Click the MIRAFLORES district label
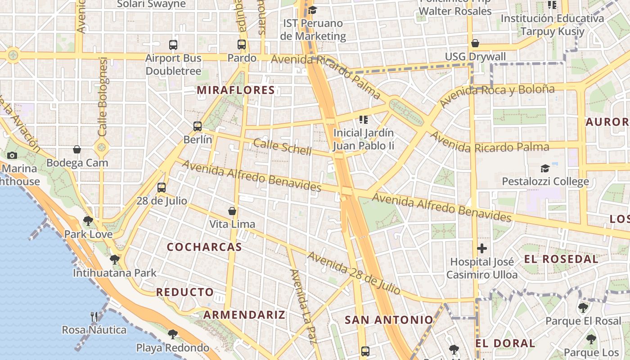coord(236,90)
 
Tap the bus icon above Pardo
coord(242,45)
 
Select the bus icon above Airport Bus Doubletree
coord(173,45)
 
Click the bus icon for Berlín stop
coord(198,126)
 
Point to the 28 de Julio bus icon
coord(162,188)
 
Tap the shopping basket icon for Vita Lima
coord(232,211)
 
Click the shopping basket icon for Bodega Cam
coord(77,149)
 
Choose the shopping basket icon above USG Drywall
coord(475,43)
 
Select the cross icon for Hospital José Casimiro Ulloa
coord(482,248)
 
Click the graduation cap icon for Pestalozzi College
coord(545,168)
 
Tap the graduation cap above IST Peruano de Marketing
coord(312,10)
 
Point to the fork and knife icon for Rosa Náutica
coord(94,316)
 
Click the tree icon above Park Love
coord(88,220)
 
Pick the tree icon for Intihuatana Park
coord(115,259)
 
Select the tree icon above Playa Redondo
coord(172,334)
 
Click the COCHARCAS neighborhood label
coord(204,247)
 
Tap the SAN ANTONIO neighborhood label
coord(389,320)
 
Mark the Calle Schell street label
coord(282,147)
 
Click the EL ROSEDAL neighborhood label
coord(561,259)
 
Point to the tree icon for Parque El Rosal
coord(583,308)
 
